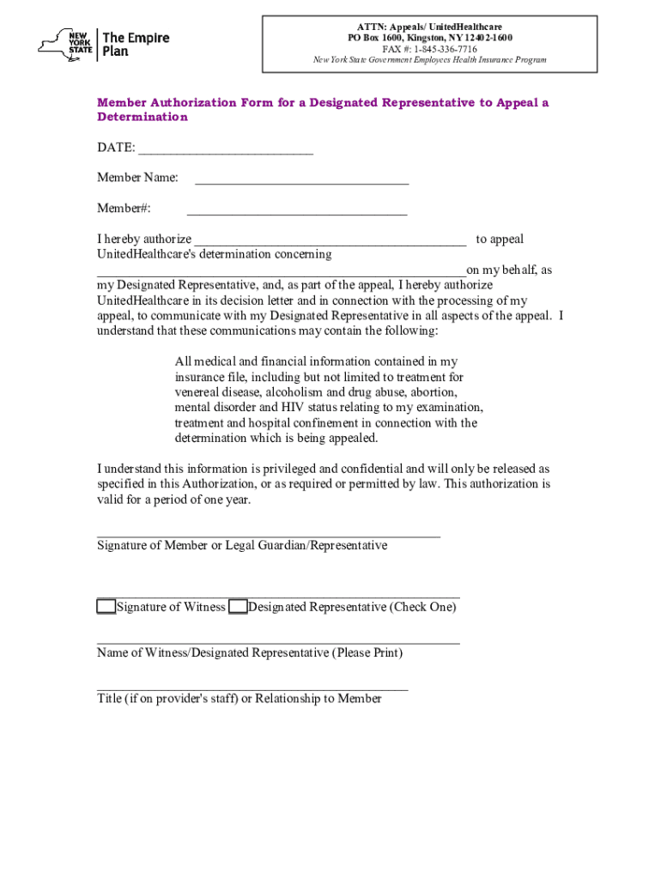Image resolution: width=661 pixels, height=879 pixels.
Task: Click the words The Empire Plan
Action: click(136, 44)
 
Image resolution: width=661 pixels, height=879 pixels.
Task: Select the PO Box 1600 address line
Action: click(430, 38)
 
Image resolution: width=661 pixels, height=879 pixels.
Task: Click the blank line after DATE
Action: click(226, 152)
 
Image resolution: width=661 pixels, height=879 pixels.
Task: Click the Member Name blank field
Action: click(301, 182)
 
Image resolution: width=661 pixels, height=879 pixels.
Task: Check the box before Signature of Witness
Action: click(106, 607)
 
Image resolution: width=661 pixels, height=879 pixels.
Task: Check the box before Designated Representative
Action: click(239, 607)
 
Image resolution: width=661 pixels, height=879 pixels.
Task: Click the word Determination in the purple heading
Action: click(142, 117)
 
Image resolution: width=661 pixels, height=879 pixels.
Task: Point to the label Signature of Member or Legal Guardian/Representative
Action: click(242, 545)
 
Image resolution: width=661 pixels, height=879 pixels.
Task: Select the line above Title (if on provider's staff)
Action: click(252, 688)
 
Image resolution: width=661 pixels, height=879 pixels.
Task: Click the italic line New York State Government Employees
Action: click(428, 60)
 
